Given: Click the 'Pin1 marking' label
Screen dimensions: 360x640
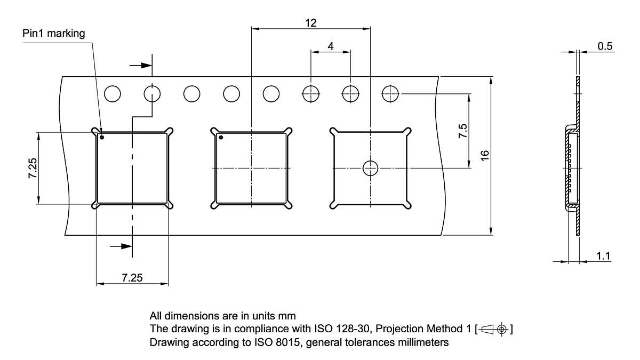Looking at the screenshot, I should point(53,34).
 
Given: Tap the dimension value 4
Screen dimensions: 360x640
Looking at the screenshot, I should point(331,46).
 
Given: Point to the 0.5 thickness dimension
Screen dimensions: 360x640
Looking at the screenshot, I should point(605,46).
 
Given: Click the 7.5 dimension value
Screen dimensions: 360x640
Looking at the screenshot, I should point(462,131).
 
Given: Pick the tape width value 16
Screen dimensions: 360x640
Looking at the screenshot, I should point(484,155).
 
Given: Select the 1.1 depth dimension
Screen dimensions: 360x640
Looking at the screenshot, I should point(603,256).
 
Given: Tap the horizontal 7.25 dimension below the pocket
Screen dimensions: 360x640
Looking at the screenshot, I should point(132,278).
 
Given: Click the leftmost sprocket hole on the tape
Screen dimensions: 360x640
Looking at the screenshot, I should point(113,94).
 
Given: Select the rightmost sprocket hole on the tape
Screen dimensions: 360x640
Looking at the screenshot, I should point(390,94).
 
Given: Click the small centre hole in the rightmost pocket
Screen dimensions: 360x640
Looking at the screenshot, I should point(370,168).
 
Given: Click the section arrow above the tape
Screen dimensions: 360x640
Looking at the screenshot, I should point(141,65).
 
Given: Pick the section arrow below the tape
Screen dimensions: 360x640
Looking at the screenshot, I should point(121,246).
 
